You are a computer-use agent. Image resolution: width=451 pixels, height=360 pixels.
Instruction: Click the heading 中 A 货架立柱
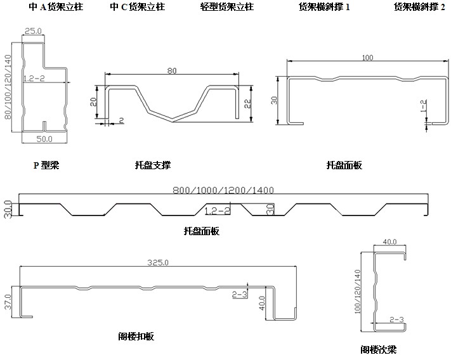pos(56,8)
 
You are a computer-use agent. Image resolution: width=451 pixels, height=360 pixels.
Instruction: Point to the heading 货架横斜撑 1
pos(325,8)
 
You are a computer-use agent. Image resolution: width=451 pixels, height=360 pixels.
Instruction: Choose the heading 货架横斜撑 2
pos(419,8)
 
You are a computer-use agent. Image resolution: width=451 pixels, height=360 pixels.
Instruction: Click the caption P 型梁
pos(46,165)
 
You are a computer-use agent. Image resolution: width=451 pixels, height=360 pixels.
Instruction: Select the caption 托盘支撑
pos(153,165)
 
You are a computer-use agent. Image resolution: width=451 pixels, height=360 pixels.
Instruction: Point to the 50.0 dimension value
pos(44,138)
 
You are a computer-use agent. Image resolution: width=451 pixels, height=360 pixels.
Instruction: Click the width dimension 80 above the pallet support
pos(172,71)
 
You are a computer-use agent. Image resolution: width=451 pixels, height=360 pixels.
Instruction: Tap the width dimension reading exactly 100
pos(367,58)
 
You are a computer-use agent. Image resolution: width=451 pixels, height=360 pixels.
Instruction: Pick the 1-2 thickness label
pos(423,107)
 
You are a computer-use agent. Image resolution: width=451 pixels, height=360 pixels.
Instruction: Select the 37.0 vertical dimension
pos(9,300)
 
